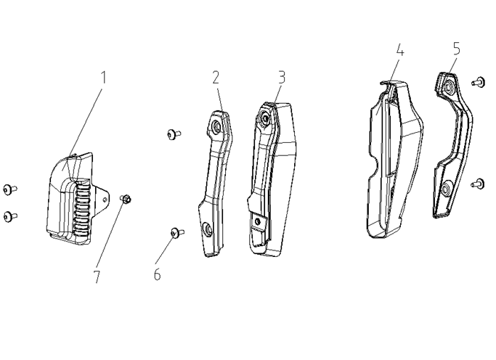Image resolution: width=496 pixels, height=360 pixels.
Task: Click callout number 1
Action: pyautogui.click(x=104, y=77)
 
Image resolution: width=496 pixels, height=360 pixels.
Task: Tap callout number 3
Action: pyautogui.click(x=282, y=76)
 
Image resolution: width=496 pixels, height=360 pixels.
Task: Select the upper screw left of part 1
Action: pyautogui.click(x=9, y=189)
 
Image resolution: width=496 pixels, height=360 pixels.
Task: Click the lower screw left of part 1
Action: pyautogui.click(x=9, y=215)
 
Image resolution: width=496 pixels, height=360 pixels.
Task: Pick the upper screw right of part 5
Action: pyautogui.click(x=479, y=82)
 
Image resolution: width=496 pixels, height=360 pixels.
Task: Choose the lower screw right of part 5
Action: pyautogui.click(x=479, y=183)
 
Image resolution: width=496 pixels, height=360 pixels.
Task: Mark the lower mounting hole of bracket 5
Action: pyautogui.click(x=444, y=189)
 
